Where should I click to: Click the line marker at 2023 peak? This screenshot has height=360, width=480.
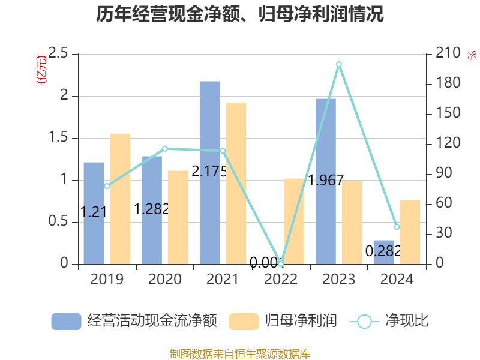coord(339,64)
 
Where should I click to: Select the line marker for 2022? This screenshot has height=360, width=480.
coord(281,263)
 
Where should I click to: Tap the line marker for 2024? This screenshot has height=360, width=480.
coord(397,227)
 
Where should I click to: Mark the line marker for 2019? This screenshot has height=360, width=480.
coord(107,186)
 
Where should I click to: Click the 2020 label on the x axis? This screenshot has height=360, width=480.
coord(165,280)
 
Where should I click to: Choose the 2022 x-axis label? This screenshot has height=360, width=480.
coord(281,280)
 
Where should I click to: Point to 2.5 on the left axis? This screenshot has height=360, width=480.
coord(59,54)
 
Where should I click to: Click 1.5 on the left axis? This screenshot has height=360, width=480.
coord(59,138)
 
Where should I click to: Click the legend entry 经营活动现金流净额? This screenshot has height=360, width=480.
coord(133,321)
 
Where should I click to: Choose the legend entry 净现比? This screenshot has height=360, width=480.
coord(390,321)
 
